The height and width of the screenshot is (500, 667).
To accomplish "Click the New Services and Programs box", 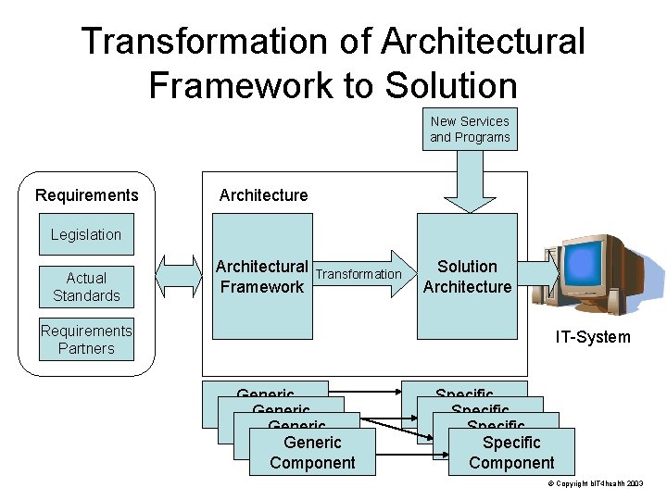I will [x=470, y=130].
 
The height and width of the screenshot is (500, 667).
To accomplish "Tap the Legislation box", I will [x=86, y=234].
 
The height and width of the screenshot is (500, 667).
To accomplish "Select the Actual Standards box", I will [x=86, y=287].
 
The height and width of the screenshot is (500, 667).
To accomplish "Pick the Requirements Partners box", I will [x=86, y=340].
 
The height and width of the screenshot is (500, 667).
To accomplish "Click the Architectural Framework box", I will [x=261, y=276].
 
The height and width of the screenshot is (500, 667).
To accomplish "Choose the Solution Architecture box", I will [x=467, y=276].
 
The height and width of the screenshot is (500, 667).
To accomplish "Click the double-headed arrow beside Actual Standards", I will [x=179, y=274].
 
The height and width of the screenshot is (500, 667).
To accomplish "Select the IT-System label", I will [x=593, y=337].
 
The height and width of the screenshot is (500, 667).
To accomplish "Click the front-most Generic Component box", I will [x=312, y=453].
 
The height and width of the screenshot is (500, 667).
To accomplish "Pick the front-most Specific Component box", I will [x=511, y=453].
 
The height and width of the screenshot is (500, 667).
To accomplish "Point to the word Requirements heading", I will [x=86, y=195].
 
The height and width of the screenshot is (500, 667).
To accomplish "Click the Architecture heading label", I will [x=263, y=195].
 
